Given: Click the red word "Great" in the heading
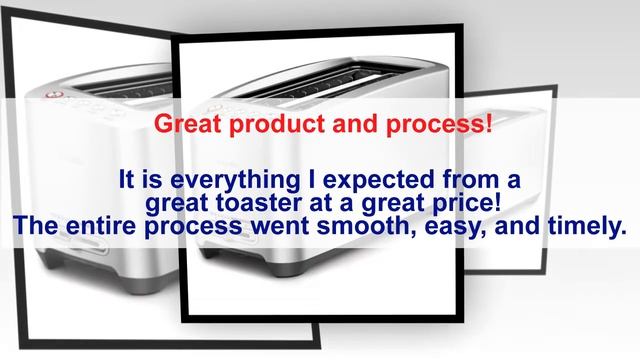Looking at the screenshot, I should (187, 127).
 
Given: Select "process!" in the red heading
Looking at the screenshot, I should (443, 128).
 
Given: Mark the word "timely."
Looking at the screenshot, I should (586, 228).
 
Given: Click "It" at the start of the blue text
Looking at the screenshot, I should (126, 182).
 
